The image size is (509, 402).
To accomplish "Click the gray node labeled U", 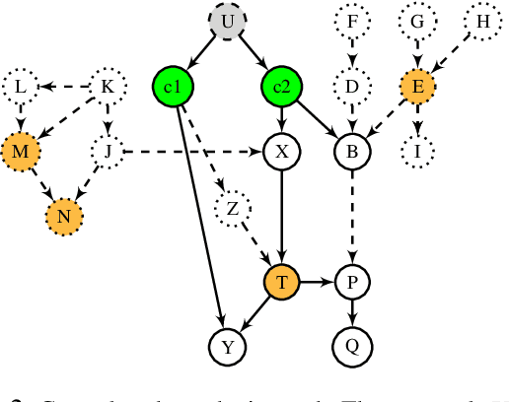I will pyautogui.click(x=227, y=21).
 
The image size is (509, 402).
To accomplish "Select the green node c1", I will pyautogui.click(x=175, y=87).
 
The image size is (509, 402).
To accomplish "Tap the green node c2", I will pyautogui.click(x=281, y=87).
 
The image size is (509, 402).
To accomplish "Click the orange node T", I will pyautogui.click(x=282, y=283).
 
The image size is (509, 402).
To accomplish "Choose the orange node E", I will pyautogui.click(x=418, y=87).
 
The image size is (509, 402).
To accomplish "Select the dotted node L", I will pyautogui.click(x=20, y=87).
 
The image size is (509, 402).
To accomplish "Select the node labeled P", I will pyautogui.click(x=350, y=283).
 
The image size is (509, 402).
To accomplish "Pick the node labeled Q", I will pyautogui.click(x=350, y=345).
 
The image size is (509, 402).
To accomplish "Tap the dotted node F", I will pyautogui.click(x=350, y=21).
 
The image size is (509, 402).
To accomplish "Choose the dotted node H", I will pyautogui.click(x=482, y=21).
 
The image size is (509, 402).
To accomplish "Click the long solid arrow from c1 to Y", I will pyautogui.click(x=200, y=217).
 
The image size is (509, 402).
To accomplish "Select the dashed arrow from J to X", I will pyautogui.click(x=192, y=152).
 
